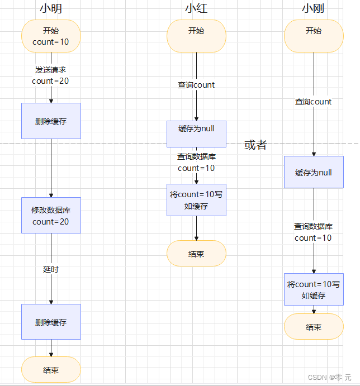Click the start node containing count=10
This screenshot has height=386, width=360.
(51, 36)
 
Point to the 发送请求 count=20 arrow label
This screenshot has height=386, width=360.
(51, 75)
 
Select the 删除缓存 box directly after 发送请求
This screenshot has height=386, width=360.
(51, 121)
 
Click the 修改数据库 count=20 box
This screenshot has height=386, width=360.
(51, 216)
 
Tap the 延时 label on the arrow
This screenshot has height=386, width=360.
(51, 269)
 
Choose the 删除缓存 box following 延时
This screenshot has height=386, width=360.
(51, 322)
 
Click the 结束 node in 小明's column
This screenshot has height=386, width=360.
(51, 370)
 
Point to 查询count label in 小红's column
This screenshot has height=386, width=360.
(196, 85)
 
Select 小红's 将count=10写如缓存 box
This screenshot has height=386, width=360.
(196, 200)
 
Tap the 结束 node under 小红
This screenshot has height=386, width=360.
(196, 254)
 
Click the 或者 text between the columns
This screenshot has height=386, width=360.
(255, 145)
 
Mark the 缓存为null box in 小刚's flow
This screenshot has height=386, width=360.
(314, 173)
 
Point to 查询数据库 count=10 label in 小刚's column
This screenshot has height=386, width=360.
(314, 232)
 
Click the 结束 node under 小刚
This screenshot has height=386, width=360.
(314, 327)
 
